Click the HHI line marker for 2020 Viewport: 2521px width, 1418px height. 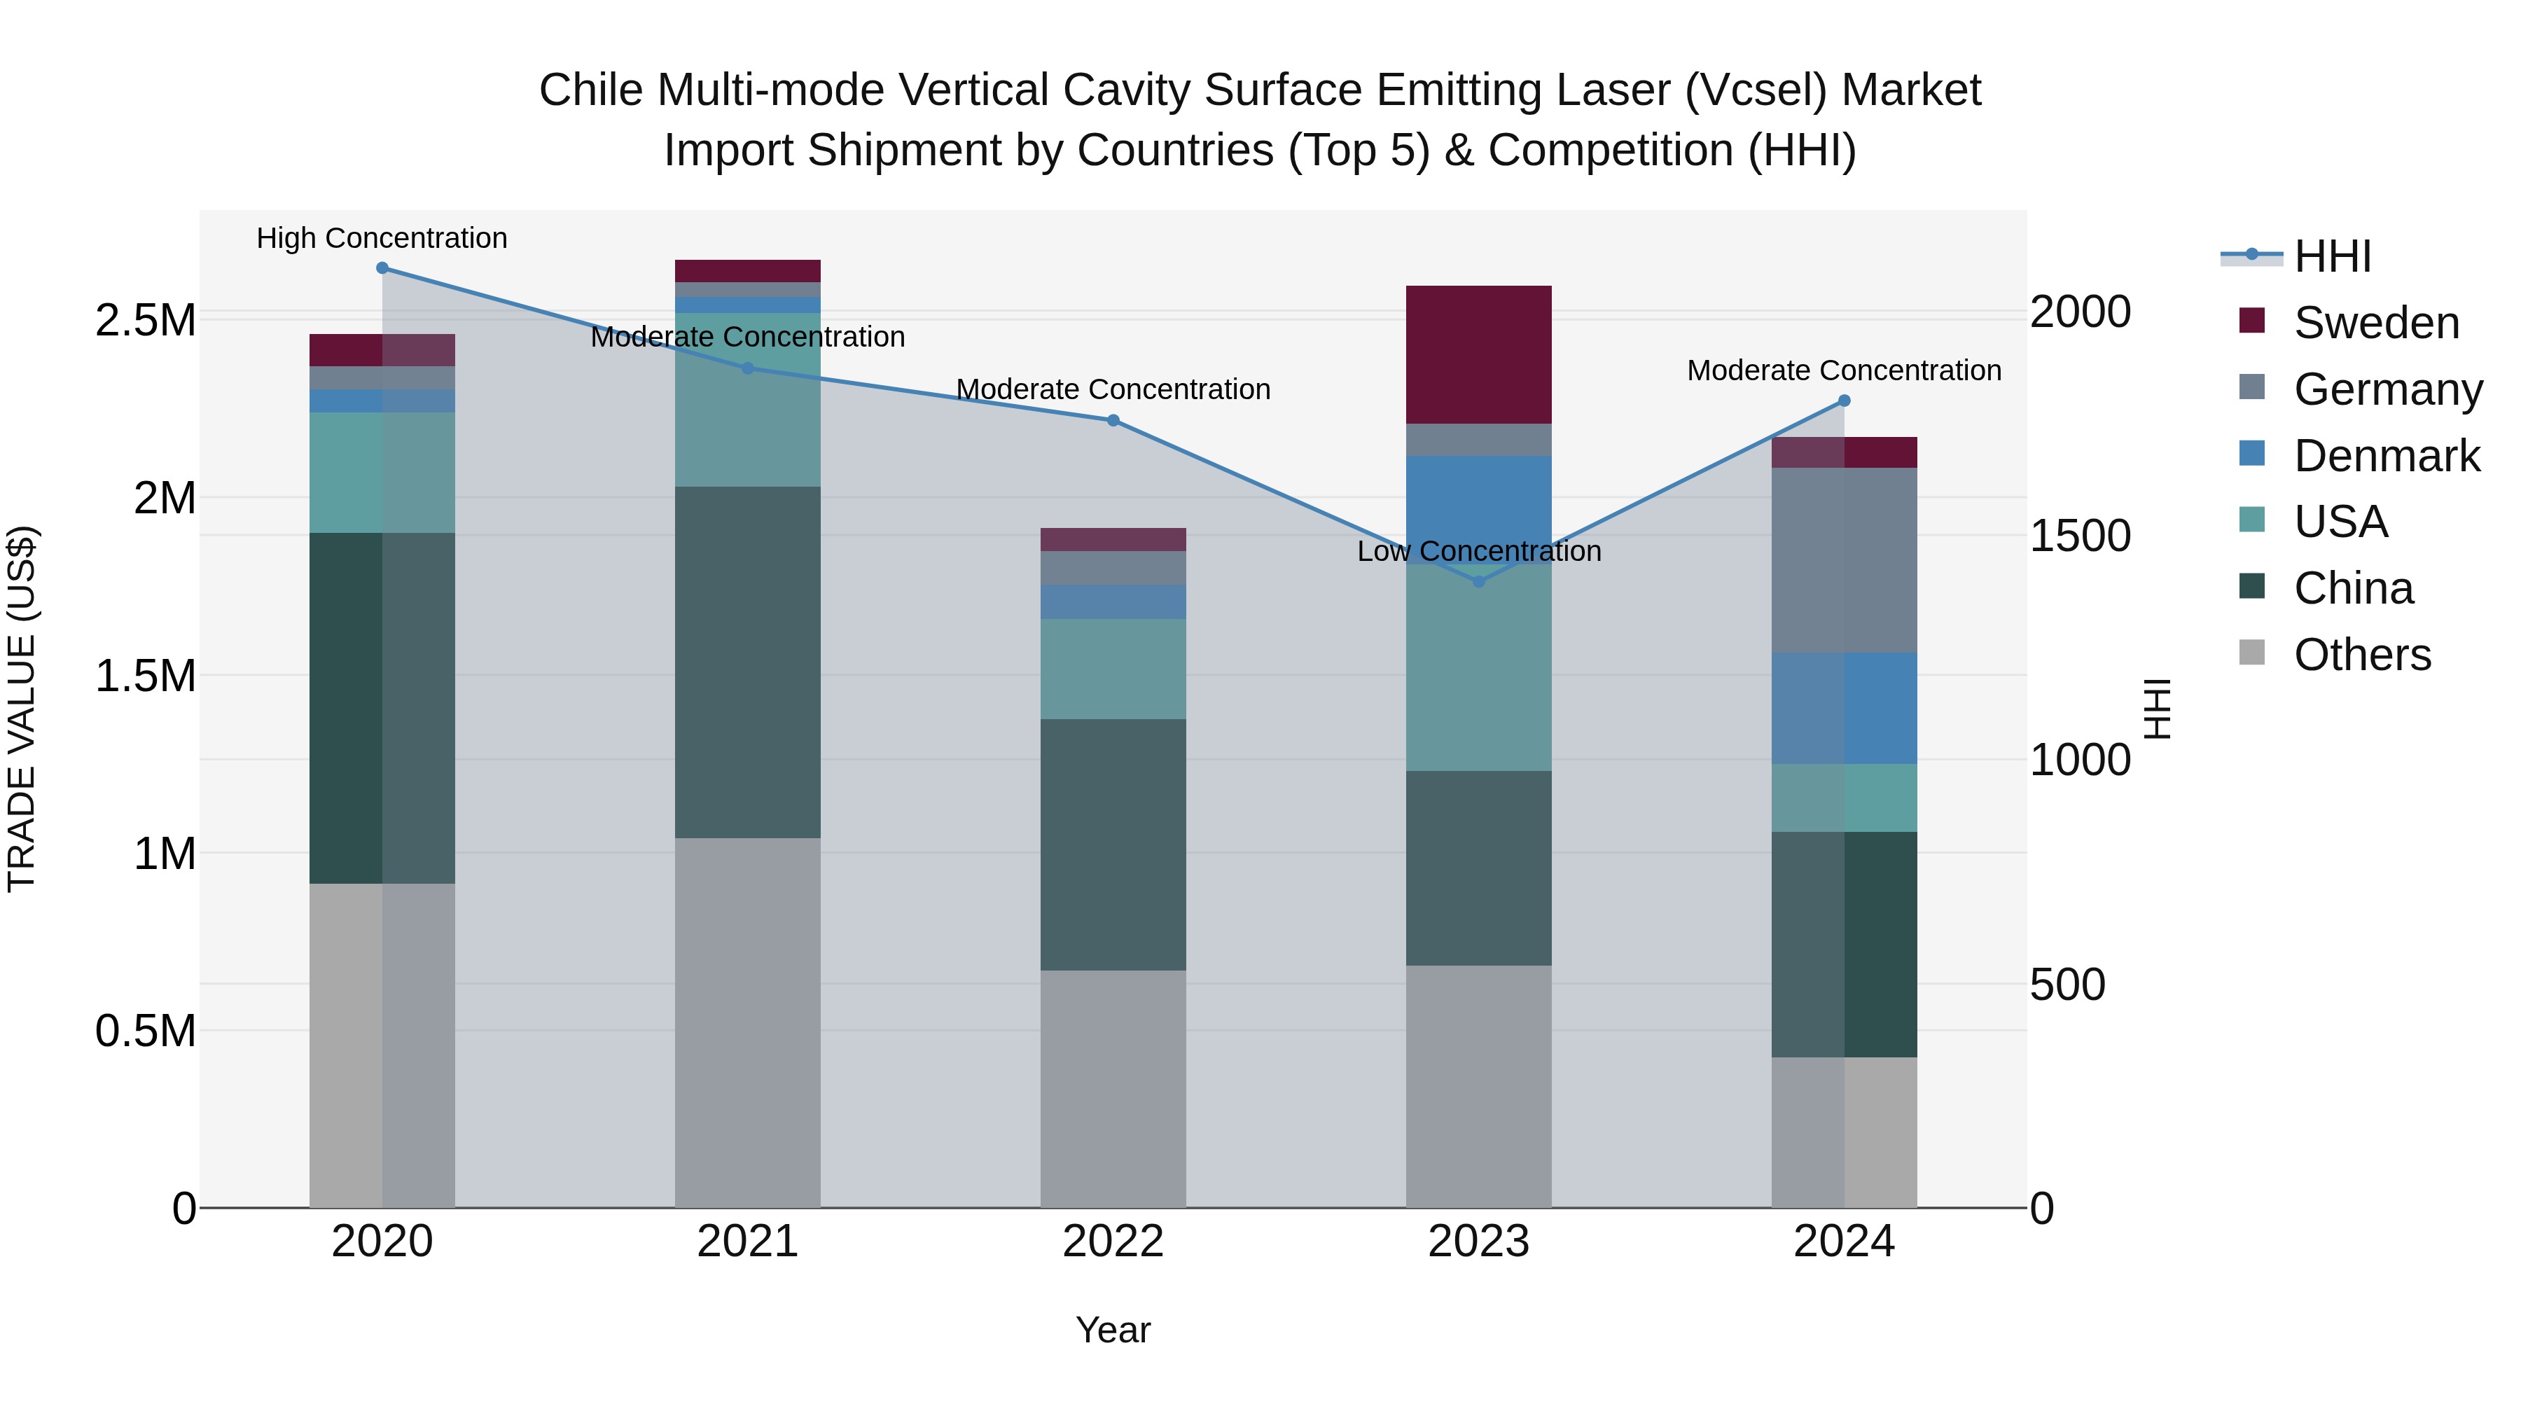[382, 268]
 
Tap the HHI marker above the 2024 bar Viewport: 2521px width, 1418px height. [1844, 401]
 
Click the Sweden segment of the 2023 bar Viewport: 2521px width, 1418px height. [1479, 354]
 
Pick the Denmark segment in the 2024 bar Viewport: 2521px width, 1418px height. [1844, 709]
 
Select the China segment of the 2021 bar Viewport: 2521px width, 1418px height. [748, 662]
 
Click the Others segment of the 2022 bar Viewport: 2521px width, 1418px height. [1113, 1088]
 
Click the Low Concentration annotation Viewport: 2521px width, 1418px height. [1479, 552]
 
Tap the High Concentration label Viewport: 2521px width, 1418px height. [382, 239]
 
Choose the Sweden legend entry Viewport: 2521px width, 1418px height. [2375, 323]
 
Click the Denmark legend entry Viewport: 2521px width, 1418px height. [2386, 456]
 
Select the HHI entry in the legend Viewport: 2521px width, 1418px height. [2331, 256]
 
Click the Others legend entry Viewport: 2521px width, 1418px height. [2361, 655]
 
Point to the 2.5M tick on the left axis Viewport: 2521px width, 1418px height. [145, 321]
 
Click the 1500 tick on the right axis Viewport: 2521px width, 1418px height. [2080, 535]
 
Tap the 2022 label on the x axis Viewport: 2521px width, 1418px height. [1113, 1242]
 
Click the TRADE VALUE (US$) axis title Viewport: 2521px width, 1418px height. [22, 709]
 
